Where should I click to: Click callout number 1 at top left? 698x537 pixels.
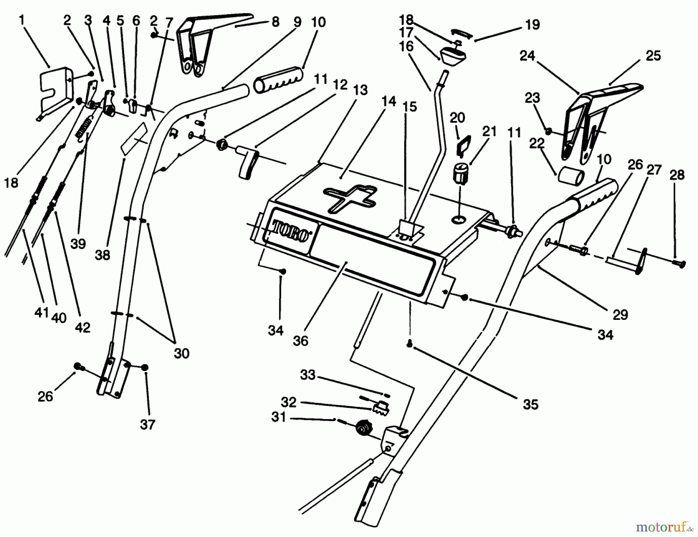(x=22, y=20)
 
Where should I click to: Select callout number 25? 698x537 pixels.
(x=653, y=56)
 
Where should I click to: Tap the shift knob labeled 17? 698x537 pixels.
(x=453, y=55)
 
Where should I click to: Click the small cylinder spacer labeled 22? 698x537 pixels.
(x=571, y=177)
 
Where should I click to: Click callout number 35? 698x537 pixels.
(x=530, y=404)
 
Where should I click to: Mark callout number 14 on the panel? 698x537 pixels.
(x=389, y=102)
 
